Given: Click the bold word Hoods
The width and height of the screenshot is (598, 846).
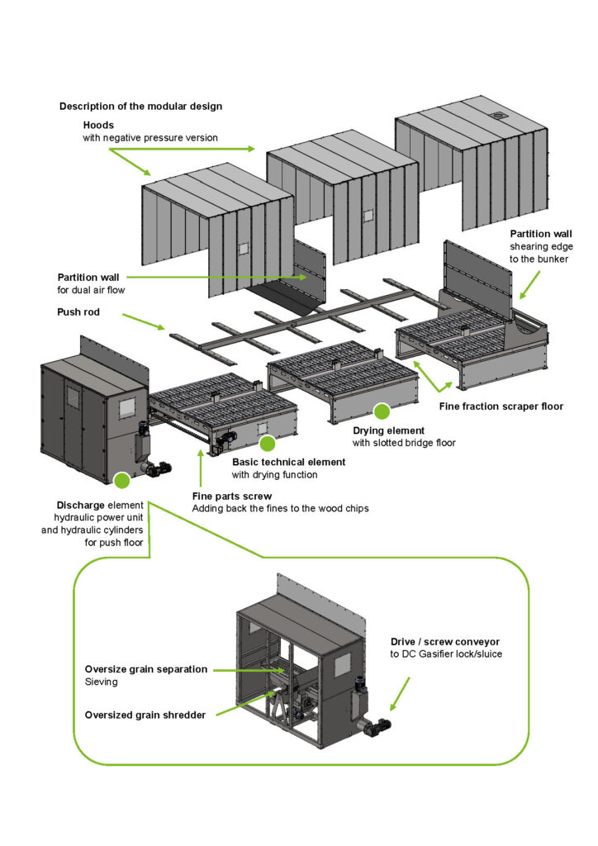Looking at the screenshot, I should tap(98, 125).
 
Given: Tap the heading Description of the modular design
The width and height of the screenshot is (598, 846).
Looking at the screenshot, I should tap(140, 107).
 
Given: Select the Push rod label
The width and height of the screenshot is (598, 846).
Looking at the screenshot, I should tap(78, 312).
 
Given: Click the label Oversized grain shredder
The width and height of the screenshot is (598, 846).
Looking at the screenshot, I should tap(145, 715).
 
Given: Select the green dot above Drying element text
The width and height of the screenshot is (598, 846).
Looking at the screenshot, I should tap(381, 410).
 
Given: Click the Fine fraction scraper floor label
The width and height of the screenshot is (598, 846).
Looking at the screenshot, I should tap(501, 406).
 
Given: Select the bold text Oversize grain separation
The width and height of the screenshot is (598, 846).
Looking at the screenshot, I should tap(146, 670).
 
